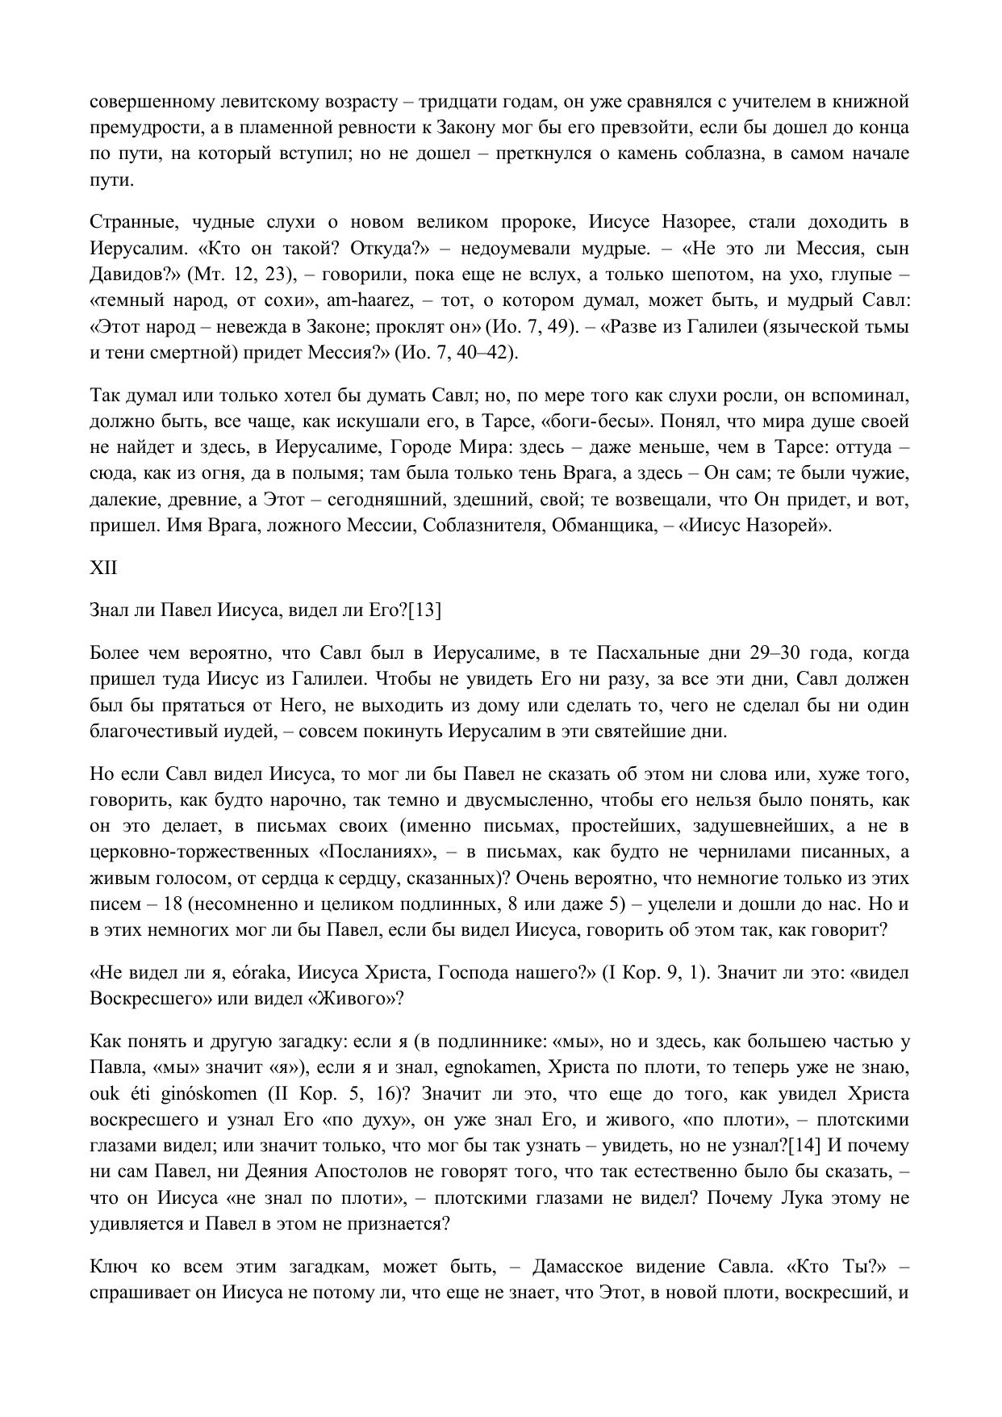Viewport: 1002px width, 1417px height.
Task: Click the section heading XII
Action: point(103,568)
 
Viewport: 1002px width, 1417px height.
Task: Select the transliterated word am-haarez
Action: point(368,300)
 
